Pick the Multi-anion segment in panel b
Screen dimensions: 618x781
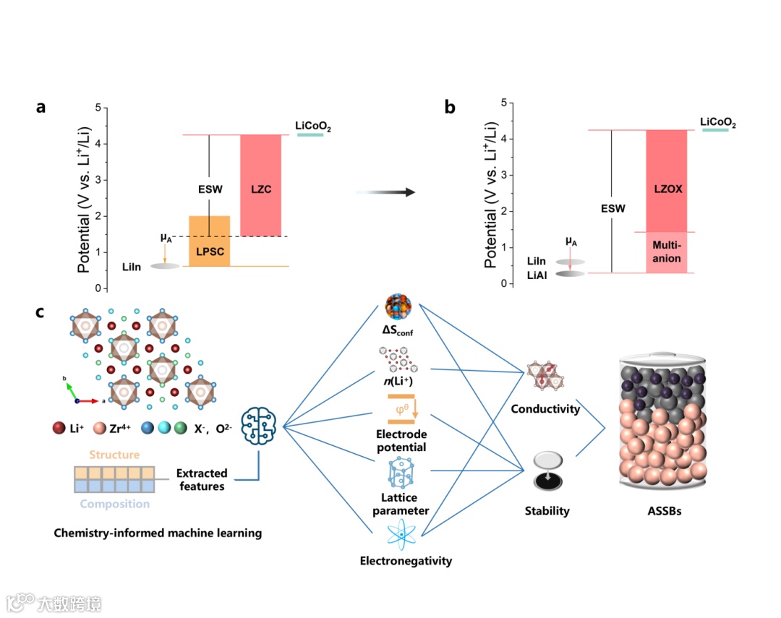tap(665, 252)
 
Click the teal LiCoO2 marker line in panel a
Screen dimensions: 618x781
tap(310, 134)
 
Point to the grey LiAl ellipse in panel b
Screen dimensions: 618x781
tap(570, 274)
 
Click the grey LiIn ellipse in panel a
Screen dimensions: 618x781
tap(165, 266)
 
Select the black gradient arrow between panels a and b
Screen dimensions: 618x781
tap(388, 192)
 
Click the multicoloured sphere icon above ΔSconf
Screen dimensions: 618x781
tap(399, 308)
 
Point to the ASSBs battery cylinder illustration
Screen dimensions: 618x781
tap(662, 423)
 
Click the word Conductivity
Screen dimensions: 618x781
tap(545, 409)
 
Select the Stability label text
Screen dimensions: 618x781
tap(547, 511)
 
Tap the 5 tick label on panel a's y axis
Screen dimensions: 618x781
tap(98, 108)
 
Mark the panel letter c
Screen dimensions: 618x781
tap(41, 312)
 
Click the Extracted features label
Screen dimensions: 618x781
tap(201, 480)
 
